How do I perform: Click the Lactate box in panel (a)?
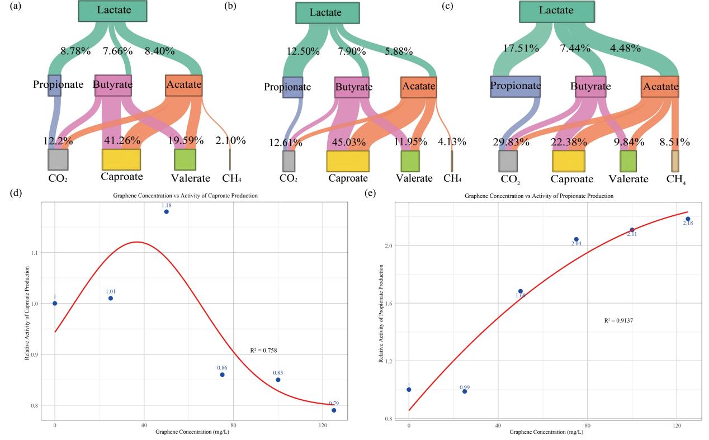112,11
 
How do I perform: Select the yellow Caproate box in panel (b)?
348,161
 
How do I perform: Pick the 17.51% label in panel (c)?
521,49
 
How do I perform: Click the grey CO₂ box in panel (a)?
58,159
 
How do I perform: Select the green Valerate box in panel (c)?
627,160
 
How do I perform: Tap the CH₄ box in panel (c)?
675,160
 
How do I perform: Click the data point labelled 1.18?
166,212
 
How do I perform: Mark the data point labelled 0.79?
334,410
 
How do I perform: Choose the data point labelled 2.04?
576,239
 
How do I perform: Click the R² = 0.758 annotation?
264,351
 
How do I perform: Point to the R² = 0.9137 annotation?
619,321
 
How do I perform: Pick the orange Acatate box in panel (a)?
183,86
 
